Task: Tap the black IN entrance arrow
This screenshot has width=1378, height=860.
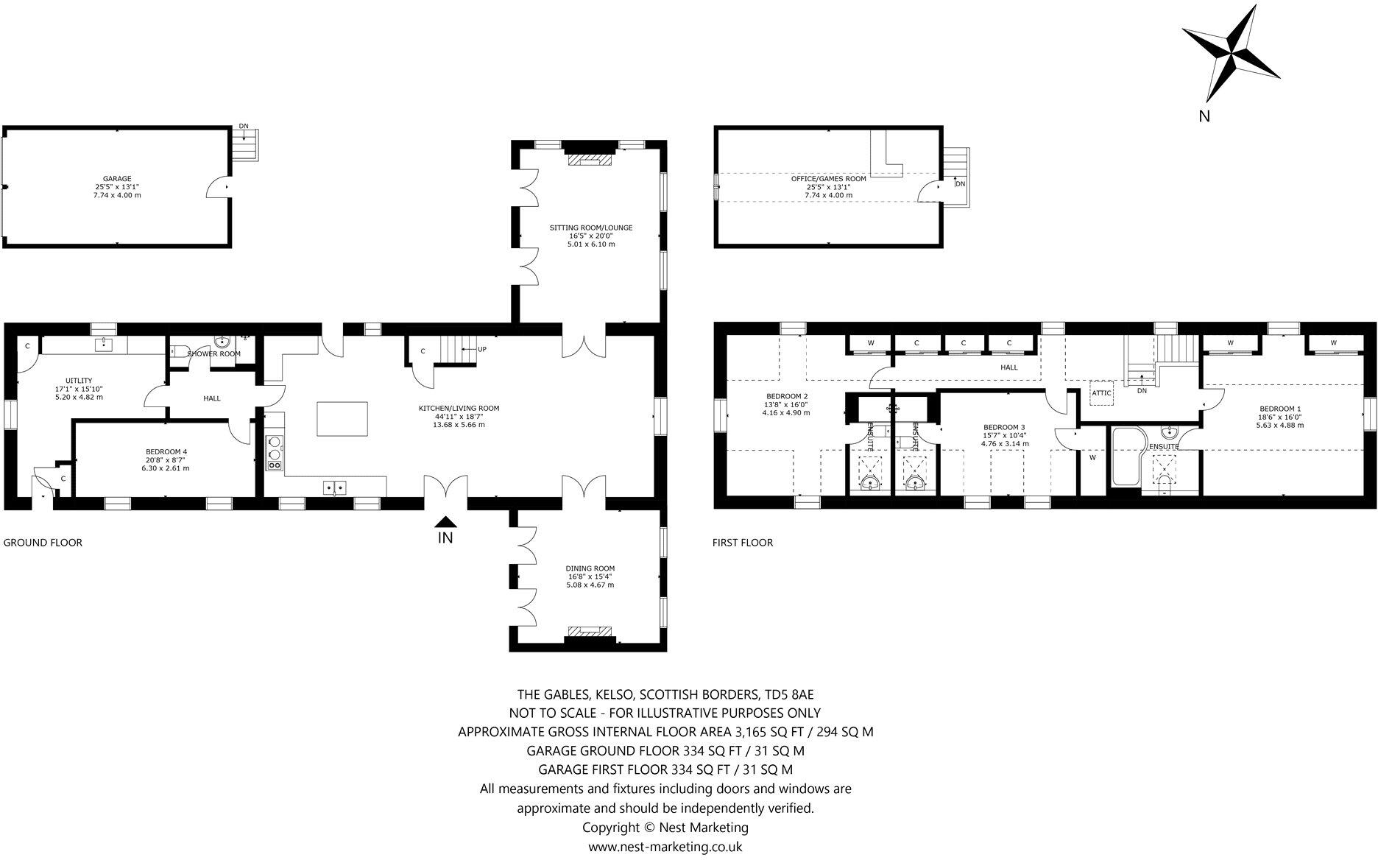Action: point(446,521)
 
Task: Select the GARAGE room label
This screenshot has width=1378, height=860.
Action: point(117,178)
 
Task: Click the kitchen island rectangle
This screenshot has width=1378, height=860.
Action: point(342,418)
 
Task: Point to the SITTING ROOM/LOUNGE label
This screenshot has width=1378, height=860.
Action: point(590,228)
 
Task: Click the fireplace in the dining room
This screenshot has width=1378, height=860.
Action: point(589,632)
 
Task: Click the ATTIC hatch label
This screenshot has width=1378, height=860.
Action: point(1101,393)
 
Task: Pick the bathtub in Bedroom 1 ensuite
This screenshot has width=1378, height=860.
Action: point(1125,457)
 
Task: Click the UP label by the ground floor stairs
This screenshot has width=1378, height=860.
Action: point(482,349)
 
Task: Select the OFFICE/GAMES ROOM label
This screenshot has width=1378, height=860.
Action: point(828,178)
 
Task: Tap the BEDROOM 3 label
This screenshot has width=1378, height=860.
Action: point(1004,427)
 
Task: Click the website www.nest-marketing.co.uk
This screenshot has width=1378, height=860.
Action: point(665,847)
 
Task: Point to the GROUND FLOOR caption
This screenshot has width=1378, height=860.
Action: point(43,543)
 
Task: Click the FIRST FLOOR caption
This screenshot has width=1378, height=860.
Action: point(742,543)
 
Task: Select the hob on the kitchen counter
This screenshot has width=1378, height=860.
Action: point(275,453)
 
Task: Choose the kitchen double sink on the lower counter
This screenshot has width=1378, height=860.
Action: point(335,487)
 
